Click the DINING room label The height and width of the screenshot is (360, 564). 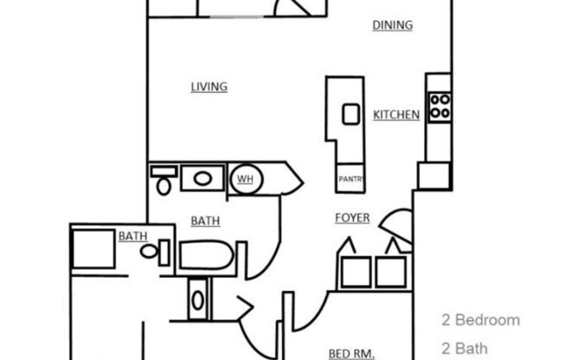tap(392, 25)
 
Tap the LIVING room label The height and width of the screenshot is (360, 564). tap(208, 87)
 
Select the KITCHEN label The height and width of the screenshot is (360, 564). tap(396, 114)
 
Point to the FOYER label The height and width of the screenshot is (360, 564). tap(352, 218)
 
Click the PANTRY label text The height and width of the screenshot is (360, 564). tap(350, 180)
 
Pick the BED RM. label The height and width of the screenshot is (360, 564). tap(351, 353)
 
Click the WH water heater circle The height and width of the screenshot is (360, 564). tap(245, 180)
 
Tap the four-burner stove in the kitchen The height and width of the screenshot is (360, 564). tap(439, 106)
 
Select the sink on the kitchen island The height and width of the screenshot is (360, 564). tap(350, 113)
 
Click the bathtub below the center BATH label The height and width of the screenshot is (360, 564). tap(206, 257)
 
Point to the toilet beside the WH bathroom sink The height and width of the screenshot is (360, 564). tap(162, 180)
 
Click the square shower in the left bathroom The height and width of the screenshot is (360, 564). tap(92, 249)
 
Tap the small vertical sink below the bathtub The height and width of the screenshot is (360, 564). tap(198, 300)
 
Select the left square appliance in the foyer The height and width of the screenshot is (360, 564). tap(355, 271)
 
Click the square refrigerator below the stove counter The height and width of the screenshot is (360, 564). tap(433, 176)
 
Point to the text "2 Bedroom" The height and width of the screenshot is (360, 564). tap(481, 320)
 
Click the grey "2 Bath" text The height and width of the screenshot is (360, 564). tap(465, 349)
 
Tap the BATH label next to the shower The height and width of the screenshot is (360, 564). tap(131, 235)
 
